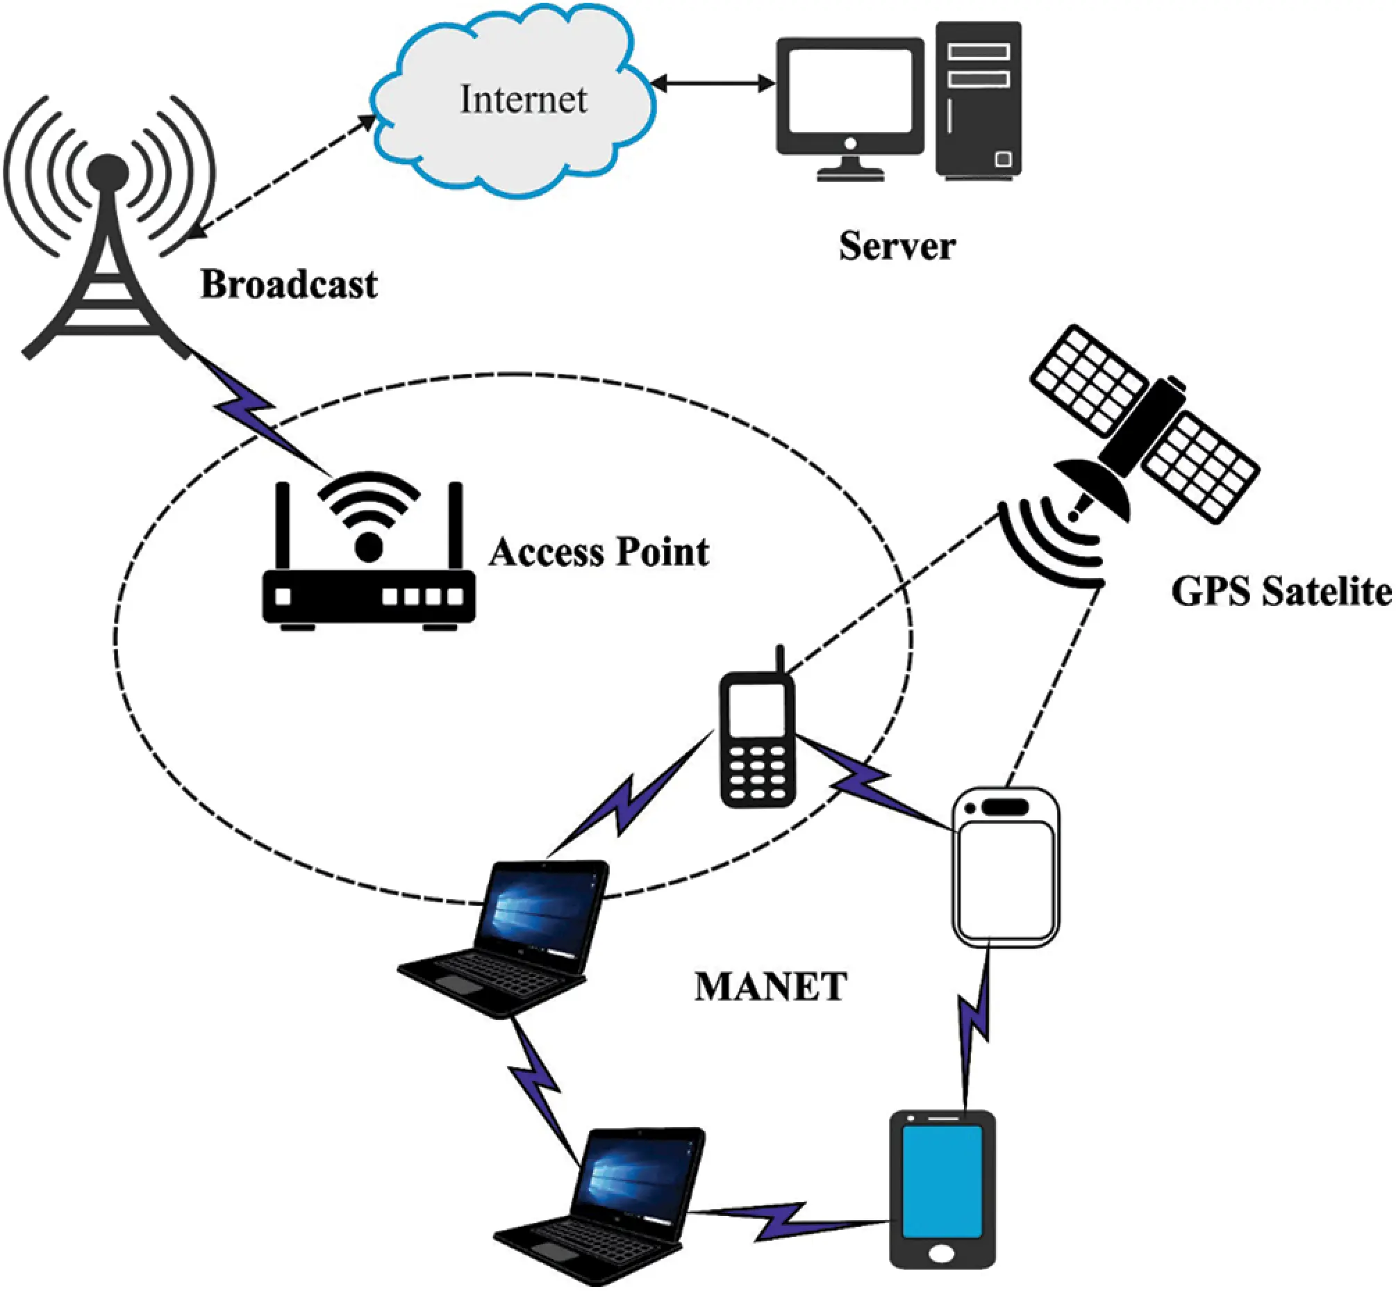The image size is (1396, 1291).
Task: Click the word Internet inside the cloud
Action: pos(523,99)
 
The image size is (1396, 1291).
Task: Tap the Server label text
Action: pos(897,246)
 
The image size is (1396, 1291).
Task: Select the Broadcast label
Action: pos(289,284)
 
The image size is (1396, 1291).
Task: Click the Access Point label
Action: pos(599,552)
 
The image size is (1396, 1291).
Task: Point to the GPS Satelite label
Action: pos(1281,591)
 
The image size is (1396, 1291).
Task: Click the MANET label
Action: pos(770,987)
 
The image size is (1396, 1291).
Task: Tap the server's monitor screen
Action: pos(850,91)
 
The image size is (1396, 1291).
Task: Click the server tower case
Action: pos(979,98)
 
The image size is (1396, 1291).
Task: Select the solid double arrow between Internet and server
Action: pos(713,84)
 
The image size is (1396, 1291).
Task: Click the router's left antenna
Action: pos(282,525)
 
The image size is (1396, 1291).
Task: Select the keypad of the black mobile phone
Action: pos(757,773)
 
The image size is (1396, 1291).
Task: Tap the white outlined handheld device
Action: pos(1006,868)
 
